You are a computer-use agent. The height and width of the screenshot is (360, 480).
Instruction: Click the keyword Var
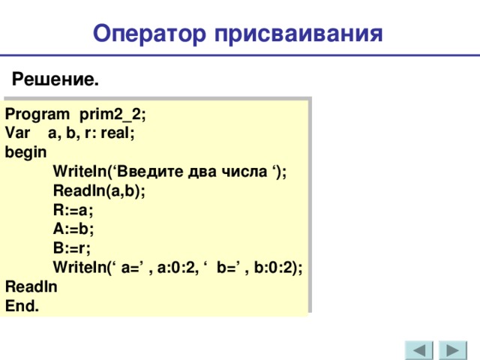[x=16, y=134]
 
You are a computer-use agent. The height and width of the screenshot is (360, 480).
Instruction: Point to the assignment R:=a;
[x=73, y=210]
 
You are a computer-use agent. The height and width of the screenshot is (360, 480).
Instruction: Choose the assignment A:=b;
[x=73, y=229]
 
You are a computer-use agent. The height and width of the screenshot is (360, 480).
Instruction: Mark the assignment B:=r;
[x=73, y=248]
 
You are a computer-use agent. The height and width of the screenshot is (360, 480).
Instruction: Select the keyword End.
[x=23, y=306]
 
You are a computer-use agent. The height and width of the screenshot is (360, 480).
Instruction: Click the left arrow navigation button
[x=419, y=351]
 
